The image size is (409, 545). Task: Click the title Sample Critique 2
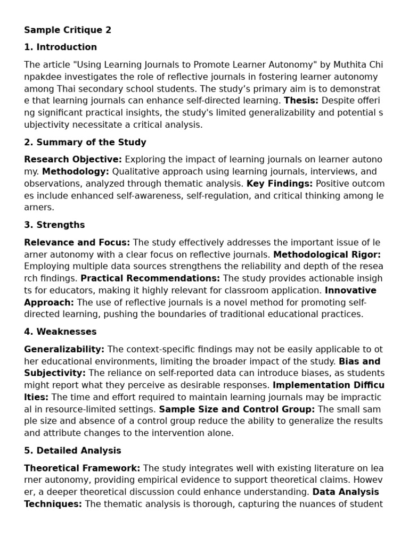pos(68,30)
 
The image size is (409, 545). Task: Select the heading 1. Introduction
pos(60,47)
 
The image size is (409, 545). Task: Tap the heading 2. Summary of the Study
pos(85,142)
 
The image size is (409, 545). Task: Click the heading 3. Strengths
pos(54,225)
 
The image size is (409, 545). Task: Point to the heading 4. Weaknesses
pos(60,332)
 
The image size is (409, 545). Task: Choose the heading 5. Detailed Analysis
pos(72,450)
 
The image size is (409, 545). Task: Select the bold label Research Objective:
pos(73,160)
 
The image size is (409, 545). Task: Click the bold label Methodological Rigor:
pos(327,254)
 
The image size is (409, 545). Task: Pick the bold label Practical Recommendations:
pos(150,278)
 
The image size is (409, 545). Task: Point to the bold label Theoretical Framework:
pos(82,468)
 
